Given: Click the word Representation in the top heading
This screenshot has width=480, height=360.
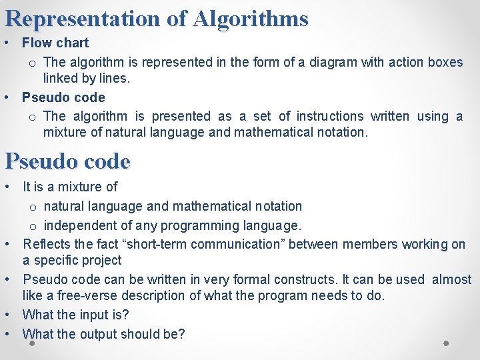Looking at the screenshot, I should point(83,19).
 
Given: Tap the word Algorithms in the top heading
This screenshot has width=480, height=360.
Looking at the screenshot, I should point(251,19).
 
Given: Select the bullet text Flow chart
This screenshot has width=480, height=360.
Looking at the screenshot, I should point(55,43).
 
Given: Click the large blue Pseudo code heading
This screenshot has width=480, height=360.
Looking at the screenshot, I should point(67,161).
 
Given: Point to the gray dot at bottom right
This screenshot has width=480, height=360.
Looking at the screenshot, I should point(446,343).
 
